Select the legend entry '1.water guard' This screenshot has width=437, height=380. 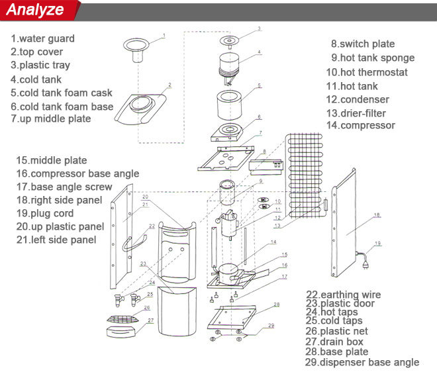[x=42, y=38]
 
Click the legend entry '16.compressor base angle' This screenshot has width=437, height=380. [x=77, y=173]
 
